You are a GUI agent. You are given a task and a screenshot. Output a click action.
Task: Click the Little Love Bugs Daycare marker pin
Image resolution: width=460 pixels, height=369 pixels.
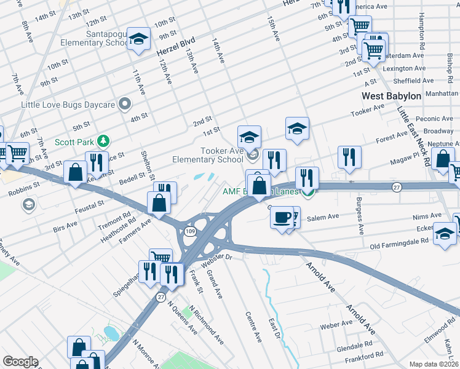click(125, 104)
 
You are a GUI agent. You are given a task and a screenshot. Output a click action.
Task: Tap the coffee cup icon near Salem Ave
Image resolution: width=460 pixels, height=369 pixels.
click(282, 217)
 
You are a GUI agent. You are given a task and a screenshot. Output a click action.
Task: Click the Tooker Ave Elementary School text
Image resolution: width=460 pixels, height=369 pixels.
click(207, 155)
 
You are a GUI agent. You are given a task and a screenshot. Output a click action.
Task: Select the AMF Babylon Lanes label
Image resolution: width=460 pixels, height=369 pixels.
click(260, 191)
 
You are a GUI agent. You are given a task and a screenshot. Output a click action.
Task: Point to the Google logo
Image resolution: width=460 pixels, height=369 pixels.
click(20, 361)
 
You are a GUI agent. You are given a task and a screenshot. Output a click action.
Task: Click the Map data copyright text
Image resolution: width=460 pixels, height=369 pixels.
click(434, 364)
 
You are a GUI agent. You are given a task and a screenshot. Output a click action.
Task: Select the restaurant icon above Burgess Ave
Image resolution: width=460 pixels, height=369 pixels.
click(349, 156)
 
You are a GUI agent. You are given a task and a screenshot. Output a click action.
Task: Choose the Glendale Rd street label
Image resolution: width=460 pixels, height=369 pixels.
click(351, 345)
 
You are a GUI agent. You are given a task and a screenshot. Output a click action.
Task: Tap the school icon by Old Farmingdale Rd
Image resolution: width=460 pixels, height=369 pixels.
click(445, 234)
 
